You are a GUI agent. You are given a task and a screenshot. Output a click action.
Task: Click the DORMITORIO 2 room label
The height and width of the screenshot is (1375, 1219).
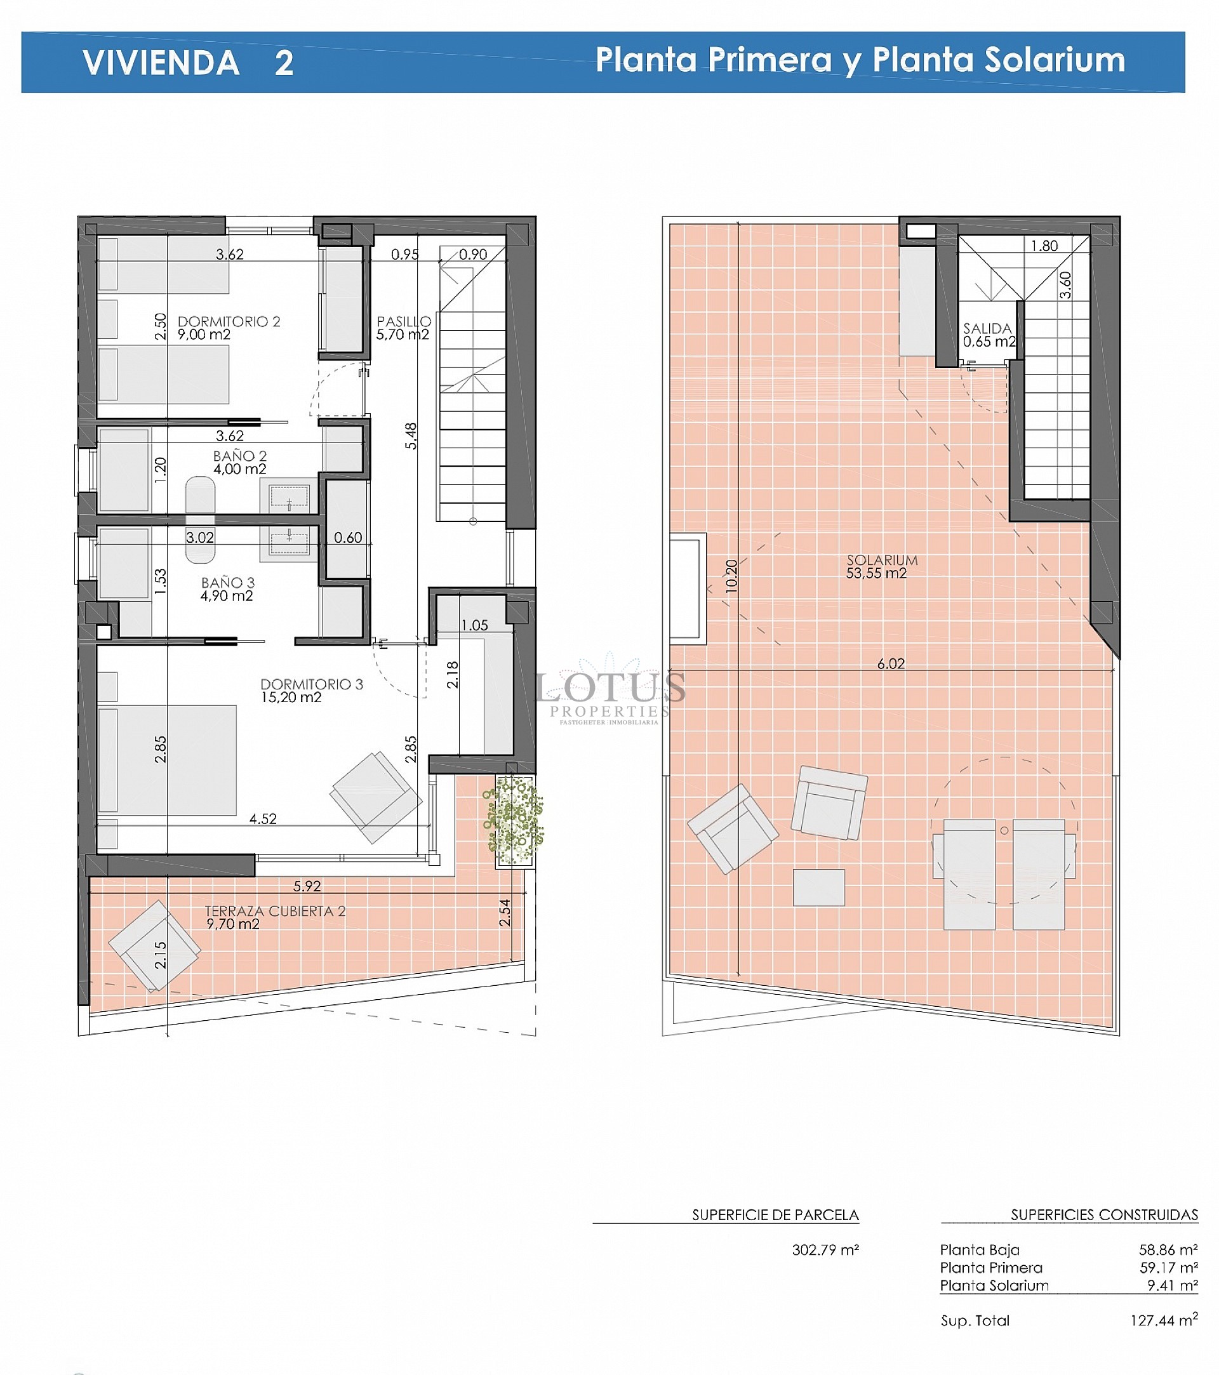[x=229, y=322]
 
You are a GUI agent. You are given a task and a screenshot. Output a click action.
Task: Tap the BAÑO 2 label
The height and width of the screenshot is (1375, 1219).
[x=240, y=456]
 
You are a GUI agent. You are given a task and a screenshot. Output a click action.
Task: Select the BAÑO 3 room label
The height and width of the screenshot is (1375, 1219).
[x=228, y=583]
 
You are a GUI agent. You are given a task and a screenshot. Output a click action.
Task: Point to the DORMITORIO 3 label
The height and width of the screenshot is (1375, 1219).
[x=312, y=684]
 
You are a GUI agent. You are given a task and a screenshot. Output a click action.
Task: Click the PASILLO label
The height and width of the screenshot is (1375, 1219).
[x=404, y=322]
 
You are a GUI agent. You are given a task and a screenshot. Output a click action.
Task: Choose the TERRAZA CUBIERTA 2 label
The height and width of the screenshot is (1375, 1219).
[x=275, y=911]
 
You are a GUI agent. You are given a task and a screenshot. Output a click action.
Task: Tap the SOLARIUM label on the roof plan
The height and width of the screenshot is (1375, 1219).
[x=882, y=560]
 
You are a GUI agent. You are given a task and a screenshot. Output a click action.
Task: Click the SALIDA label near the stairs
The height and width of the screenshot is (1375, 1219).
[x=987, y=328]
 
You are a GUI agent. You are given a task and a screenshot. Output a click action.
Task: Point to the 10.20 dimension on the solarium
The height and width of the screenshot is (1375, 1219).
[x=732, y=576]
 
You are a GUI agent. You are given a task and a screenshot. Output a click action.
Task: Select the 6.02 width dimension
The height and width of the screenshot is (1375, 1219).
[x=891, y=664]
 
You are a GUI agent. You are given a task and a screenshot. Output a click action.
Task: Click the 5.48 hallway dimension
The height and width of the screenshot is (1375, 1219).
[x=411, y=436]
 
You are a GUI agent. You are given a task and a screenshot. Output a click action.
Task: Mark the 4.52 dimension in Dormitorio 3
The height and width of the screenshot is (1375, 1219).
[x=263, y=819]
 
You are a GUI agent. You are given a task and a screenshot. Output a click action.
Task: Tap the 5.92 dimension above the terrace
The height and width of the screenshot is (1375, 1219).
[x=307, y=887]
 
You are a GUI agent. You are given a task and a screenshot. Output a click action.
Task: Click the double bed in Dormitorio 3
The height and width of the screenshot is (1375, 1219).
[x=167, y=760]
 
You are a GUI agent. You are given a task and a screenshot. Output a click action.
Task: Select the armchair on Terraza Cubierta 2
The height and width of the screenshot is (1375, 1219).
[x=154, y=946]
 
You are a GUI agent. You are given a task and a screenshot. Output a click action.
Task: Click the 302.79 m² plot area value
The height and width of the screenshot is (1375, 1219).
[x=825, y=1250]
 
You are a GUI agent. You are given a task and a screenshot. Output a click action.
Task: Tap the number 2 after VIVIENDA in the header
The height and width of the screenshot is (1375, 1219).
[x=284, y=63]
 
